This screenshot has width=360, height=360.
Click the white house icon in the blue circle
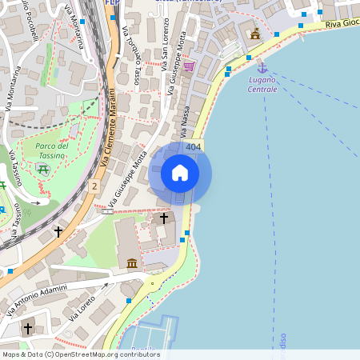pos(180,172)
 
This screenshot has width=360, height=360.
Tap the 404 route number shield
pos(193,147)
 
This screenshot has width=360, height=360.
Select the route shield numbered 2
pos(94,186)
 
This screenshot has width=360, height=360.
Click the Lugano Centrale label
pos(262,85)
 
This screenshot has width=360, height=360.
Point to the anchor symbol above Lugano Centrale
pos(261,70)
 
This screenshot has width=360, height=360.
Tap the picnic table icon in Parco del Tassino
pos(42,168)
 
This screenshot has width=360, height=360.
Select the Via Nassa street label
pos(183,121)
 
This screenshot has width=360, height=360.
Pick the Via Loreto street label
pos(86,307)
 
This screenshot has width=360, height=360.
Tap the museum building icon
pos(131,262)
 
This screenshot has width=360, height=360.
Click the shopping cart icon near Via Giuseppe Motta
pos(188,67)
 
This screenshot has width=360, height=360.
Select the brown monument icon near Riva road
pos(255,34)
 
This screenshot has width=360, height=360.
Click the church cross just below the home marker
pos(164,217)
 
